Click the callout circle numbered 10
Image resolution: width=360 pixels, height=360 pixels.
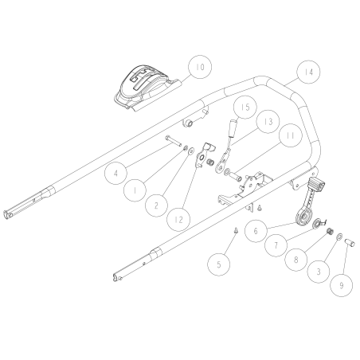(198, 67)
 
